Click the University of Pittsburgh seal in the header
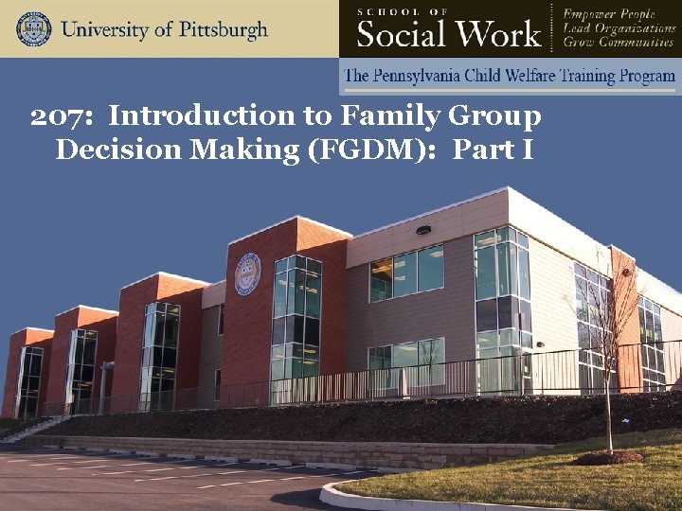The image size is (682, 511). click(x=33, y=28)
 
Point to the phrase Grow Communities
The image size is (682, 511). click(x=617, y=43)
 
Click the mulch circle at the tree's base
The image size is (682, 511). click(x=607, y=457)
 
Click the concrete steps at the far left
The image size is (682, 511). click(x=24, y=429)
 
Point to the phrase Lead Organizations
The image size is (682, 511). click(x=618, y=27)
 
